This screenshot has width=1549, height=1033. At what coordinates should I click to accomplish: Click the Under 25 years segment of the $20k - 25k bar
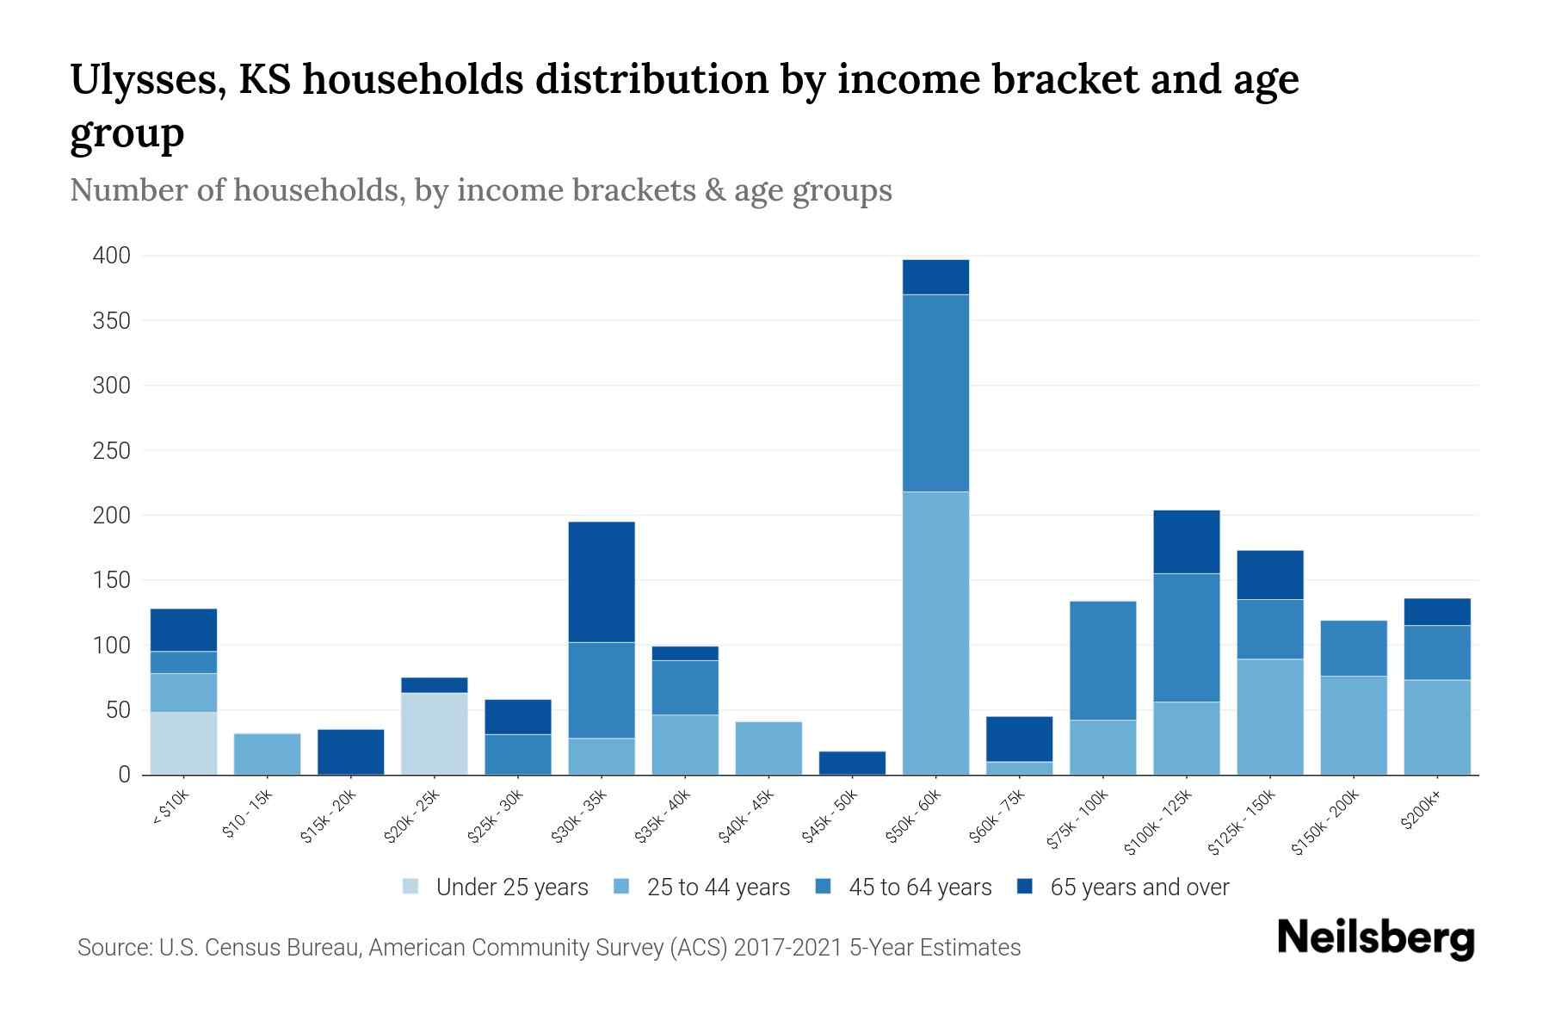point(435,733)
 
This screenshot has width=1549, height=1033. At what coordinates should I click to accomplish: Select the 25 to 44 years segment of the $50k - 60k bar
point(935,633)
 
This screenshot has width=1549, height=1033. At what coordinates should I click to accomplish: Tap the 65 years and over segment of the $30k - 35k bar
point(602,582)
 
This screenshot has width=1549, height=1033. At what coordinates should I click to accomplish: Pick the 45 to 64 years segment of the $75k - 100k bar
point(1102,660)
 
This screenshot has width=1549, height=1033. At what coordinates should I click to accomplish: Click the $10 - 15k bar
point(268,754)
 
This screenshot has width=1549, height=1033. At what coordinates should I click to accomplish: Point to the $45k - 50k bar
point(852,764)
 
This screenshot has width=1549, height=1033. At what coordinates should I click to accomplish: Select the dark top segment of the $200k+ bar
point(1437,612)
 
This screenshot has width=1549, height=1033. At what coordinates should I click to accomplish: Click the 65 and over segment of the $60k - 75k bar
point(1019,739)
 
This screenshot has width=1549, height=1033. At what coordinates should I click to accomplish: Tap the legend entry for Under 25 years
point(496,888)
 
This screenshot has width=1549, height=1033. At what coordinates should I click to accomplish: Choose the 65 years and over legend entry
point(1123,888)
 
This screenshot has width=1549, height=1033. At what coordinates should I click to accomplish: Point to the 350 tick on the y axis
point(112,321)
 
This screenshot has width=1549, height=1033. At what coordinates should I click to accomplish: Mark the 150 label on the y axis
point(112,580)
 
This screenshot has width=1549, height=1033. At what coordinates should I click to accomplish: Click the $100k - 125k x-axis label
point(1158,822)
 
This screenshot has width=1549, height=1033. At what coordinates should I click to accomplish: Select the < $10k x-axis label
point(171,808)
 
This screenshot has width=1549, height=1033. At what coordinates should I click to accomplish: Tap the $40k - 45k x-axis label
point(746,817)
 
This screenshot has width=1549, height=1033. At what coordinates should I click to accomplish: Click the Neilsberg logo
point(1375,938)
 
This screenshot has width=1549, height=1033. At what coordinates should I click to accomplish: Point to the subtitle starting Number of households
point(480,190)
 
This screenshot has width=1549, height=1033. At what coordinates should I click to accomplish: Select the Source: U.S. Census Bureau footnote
point(548,948)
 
